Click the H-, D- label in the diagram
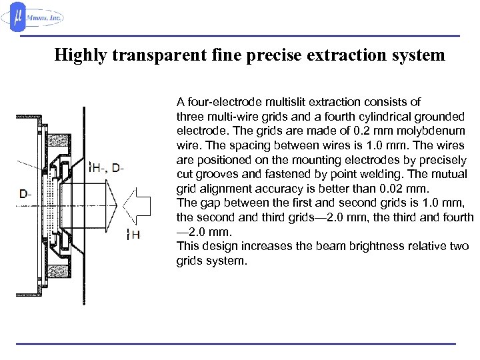point(109,168)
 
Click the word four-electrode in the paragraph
point(221,102)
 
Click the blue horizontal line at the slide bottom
point(235,343)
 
